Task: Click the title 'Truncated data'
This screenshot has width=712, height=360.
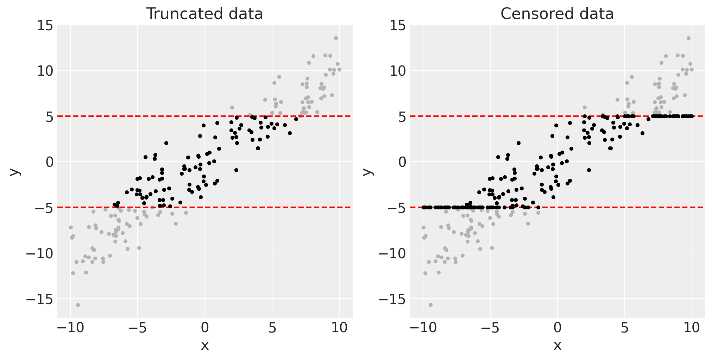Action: pyautogui.click(x=204, y=14)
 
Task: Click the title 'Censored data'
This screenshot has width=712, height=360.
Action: pyautogui.click(x=557, y=14)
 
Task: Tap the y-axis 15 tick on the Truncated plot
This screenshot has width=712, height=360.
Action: pyautogui.click(x=46, y=25)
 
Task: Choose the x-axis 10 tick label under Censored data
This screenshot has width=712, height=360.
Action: pyautogui.click(x=692, y=328)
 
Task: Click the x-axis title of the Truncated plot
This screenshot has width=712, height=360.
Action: pyautogui.click(x=205, y=346)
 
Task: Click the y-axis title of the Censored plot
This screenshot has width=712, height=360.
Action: pyautogui.click(x=367, y=171)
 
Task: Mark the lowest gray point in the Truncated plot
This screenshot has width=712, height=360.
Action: pyautogui.click(x=78, y=305)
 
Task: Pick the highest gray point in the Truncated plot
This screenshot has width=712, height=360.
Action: pyautogui.click(x=336, y=38)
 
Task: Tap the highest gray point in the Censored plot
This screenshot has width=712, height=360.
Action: pyautogui.click(x=688, y=38)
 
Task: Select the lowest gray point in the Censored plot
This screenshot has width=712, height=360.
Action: pyautogui.click(x=430, y=305)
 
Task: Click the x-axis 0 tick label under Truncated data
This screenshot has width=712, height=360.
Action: pyautogui.click(x=205, y=328)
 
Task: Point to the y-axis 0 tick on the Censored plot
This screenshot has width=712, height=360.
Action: pyautogui.click(x=402, y=162)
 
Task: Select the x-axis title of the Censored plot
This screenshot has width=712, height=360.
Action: pyautogui.click(x=557, y=346)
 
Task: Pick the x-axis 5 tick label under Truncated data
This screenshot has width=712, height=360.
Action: pyautogui.click(x=272, y=328)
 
